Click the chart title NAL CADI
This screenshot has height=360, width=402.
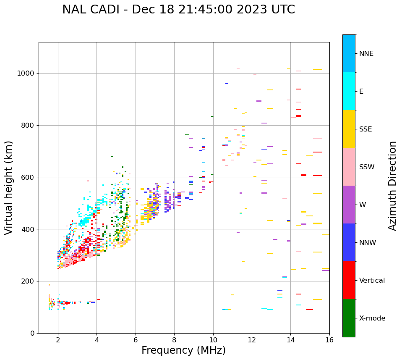[x=178, y=10]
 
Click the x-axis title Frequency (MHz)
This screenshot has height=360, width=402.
[x=183, y=350]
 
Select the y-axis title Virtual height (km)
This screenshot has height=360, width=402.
[x=9, y=187]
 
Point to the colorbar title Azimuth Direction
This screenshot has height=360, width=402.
[x=392, y=186]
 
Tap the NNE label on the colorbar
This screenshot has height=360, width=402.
[x=366, y=54]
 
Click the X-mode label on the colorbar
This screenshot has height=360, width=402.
[x=372, y=318]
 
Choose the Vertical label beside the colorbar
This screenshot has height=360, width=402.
[x=372, y=281]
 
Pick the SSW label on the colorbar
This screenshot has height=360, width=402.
[x=367, y=167]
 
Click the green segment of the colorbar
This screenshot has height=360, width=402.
[x=349, y=318]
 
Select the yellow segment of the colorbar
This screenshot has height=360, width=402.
[x=349, y=129]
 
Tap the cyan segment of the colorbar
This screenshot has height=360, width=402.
[x=349, y=91]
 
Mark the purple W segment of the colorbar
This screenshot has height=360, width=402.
[x=349, y=205]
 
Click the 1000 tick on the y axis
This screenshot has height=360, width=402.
[x=26, y=74]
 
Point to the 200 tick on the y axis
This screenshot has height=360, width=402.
[x=28, y=281]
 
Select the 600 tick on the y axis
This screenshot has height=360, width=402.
[x=28, y=177]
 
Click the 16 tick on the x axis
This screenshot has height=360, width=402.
[x=329, y=340]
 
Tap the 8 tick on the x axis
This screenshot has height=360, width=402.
[x=174, y=340]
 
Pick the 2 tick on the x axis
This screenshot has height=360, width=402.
[x=58, y=340]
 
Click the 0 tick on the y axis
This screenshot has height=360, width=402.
[x=32, y=333]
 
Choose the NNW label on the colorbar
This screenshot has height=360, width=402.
[x=368, y=243]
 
